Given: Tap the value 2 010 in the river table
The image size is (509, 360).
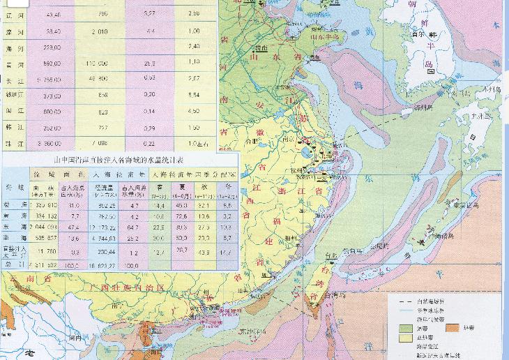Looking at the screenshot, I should click(x=100, y=31).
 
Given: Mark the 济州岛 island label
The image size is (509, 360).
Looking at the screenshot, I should click(x=422, y=108).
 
